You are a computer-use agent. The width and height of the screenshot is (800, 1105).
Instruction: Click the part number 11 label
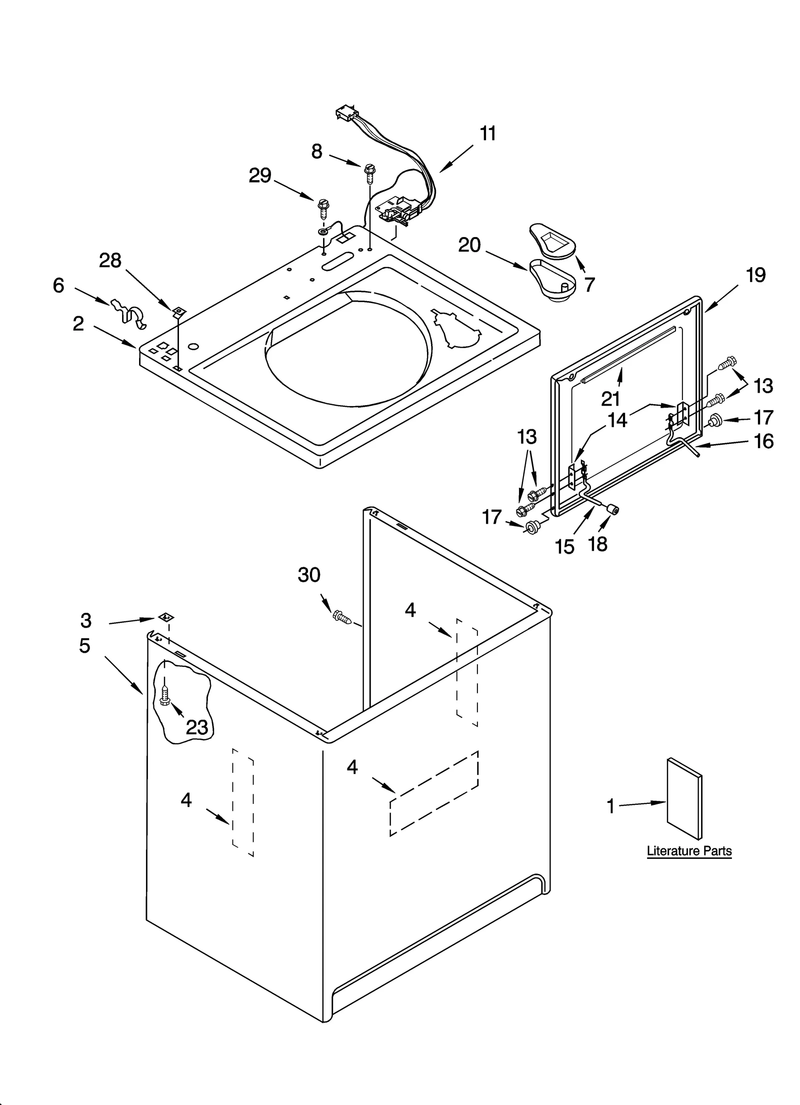(x=487, y=134)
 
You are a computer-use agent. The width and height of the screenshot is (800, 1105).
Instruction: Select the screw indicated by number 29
(x=323, y=208)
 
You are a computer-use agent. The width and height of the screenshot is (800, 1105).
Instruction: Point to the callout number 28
(x=110, y=260)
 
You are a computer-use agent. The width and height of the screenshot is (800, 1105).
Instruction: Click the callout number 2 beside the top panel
(x=78, y=324)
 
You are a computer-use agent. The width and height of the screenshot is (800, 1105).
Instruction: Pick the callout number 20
(x=469, y=245)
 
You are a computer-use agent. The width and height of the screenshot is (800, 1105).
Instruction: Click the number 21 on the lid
(x=610, y=398)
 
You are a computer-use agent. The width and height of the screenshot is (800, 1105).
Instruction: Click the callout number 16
(x=763, y=441)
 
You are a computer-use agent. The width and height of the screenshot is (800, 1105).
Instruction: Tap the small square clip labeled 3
(x=165, y=617)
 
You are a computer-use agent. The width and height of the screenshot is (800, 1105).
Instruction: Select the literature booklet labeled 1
(x=684, y=798)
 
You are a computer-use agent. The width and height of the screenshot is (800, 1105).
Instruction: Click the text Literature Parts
(x=689, y=851)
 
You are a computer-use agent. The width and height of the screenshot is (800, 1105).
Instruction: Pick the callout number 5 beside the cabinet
(x=84, y=646)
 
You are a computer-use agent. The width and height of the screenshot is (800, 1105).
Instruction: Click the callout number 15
(x=564, y=547)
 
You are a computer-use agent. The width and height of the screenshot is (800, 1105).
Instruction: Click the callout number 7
(x=589, y=284)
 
